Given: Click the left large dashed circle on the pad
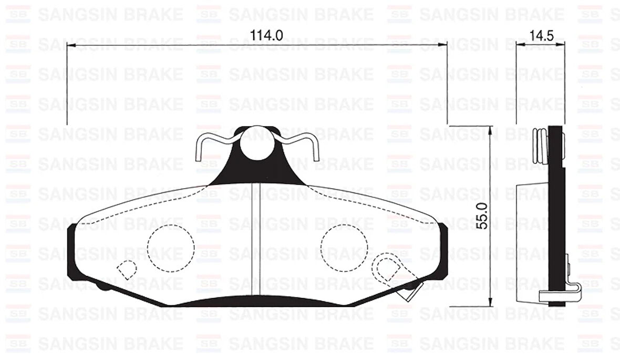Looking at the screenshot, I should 171,248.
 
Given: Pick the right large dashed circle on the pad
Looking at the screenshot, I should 344,248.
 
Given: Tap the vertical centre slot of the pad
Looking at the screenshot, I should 257,242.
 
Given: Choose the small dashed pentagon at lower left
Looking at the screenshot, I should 126,269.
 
